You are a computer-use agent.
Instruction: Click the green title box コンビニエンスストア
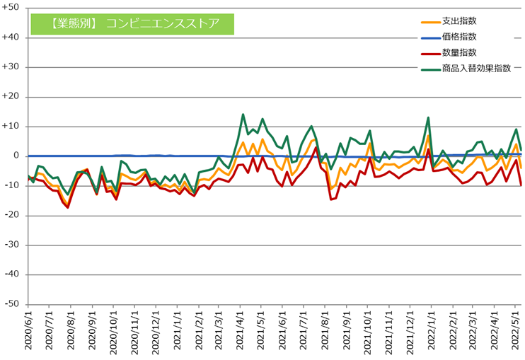[134, 23]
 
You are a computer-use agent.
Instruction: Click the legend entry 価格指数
[460, 37]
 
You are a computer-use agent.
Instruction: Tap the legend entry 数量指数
[460, 53]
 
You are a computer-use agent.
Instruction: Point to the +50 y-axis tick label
[12, 8]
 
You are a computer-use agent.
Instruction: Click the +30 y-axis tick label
[12, 67]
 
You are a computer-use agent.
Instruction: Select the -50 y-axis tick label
[13, 304]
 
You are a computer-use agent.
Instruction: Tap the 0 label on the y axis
[16, 156]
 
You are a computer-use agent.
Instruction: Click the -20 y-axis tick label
[13, 215]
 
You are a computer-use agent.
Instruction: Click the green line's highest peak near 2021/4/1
[243, 114]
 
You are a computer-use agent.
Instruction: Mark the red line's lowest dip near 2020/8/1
[68, 207]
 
